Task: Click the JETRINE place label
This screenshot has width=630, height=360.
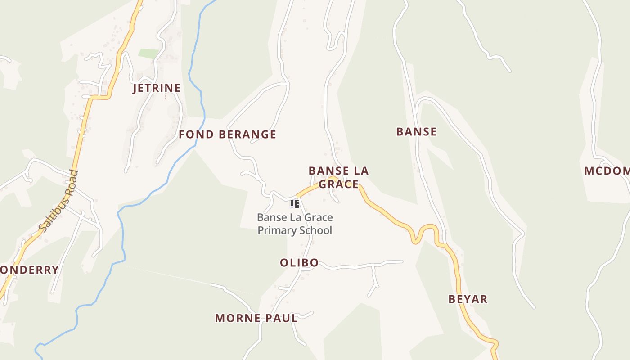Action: (x=157, y=88)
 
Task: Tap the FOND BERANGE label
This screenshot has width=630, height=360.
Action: (x=227, y=135)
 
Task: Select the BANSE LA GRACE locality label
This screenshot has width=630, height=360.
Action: (x=338, y=177)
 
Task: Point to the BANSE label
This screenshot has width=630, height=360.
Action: (x=416, y=132)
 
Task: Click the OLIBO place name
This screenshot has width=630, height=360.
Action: (x=299, y=263)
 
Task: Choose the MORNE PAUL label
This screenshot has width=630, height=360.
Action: (x=256, y=318)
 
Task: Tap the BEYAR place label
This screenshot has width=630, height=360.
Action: (x=468, y=299)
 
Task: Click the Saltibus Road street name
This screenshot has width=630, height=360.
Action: (x=58, y=201)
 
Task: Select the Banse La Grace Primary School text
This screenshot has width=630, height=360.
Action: (x=295, y=224)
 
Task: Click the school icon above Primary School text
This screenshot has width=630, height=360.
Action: (x=295, y=205)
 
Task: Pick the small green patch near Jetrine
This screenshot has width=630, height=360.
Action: (x=148, y=54)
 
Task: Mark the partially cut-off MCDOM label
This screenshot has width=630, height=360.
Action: (x=607, y=171)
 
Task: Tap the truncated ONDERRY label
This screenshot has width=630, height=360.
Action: (x=29, y=270)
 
